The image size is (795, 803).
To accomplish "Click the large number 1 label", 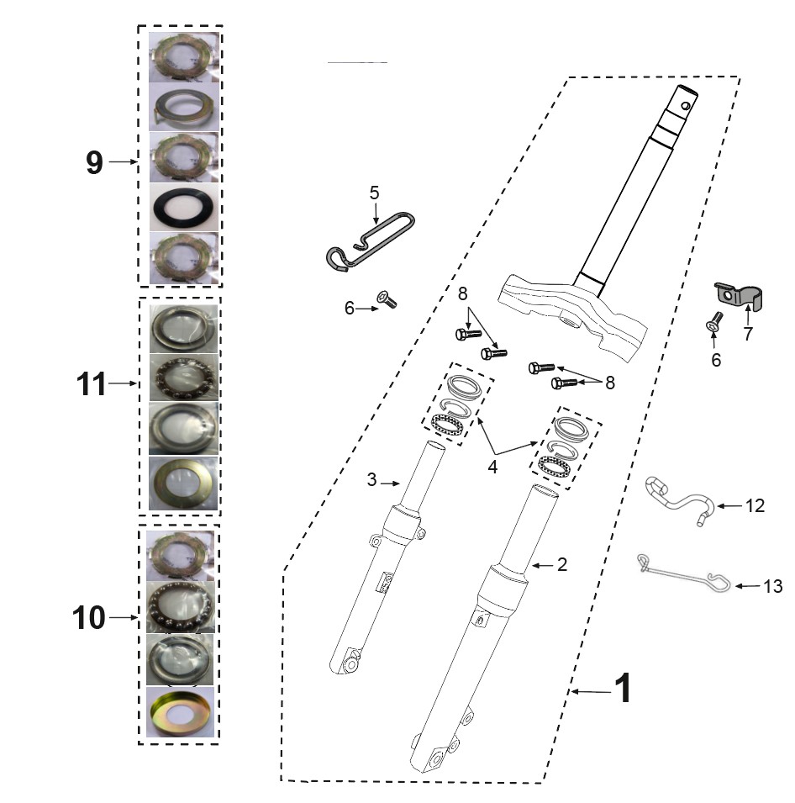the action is pos(624,688).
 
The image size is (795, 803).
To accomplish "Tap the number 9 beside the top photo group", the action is pos(94,162).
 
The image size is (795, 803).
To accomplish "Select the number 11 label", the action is pos(91,383).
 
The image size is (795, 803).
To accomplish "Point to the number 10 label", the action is pos(88,617).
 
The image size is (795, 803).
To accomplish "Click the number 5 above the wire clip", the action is pos(374,193).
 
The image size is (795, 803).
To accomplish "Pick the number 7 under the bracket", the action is pos(749,333).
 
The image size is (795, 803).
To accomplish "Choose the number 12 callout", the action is pos(755,505).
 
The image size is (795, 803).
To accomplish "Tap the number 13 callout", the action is pos(773,586).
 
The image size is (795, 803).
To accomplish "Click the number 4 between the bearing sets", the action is pos(492,467).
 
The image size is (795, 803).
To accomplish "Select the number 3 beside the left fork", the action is pos(371,479).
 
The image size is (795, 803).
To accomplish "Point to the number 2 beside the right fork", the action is pos(562,564).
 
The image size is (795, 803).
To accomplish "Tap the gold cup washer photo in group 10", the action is pos(180,712).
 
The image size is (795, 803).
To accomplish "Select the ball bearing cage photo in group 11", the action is pos(184,378).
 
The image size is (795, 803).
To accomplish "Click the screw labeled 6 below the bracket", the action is pos(713,321).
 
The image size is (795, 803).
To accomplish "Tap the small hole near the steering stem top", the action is pos(685,107).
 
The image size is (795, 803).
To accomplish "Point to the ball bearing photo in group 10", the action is pos(180,607).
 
